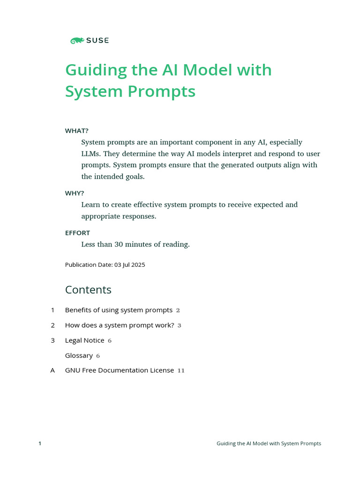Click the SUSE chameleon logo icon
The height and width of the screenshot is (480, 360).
[77, 41]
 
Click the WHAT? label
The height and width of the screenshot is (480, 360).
[77, 131]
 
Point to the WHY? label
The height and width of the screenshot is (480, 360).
[75, 193]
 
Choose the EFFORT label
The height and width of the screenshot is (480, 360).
[77, 233]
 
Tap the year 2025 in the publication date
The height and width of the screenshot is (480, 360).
[138, 265]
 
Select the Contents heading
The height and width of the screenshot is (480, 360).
[88, 290]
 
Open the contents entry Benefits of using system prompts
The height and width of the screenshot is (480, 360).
[119, 310]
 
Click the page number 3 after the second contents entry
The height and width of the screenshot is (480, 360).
[180, 325]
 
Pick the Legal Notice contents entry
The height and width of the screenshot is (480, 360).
[84, 340]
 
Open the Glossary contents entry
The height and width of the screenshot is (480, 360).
[79, 355]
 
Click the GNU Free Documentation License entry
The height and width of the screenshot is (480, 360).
[119, 370]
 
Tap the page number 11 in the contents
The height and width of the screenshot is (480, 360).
[181, 371]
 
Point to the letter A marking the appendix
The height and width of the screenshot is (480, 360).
[52, 370]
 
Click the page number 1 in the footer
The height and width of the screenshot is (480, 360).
[40, 443]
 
